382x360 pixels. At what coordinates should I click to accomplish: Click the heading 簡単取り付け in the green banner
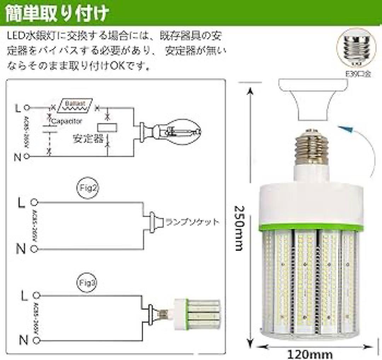pyautogui.click(x=57, y=13)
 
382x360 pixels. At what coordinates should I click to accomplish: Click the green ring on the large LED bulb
pyautogui.click(x=311, y=228)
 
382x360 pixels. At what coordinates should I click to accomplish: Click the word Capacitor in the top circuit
pyautogui.click(x=67, y=121)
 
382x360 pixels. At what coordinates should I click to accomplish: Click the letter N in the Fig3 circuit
pyautogui.click(x=23, y=341)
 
